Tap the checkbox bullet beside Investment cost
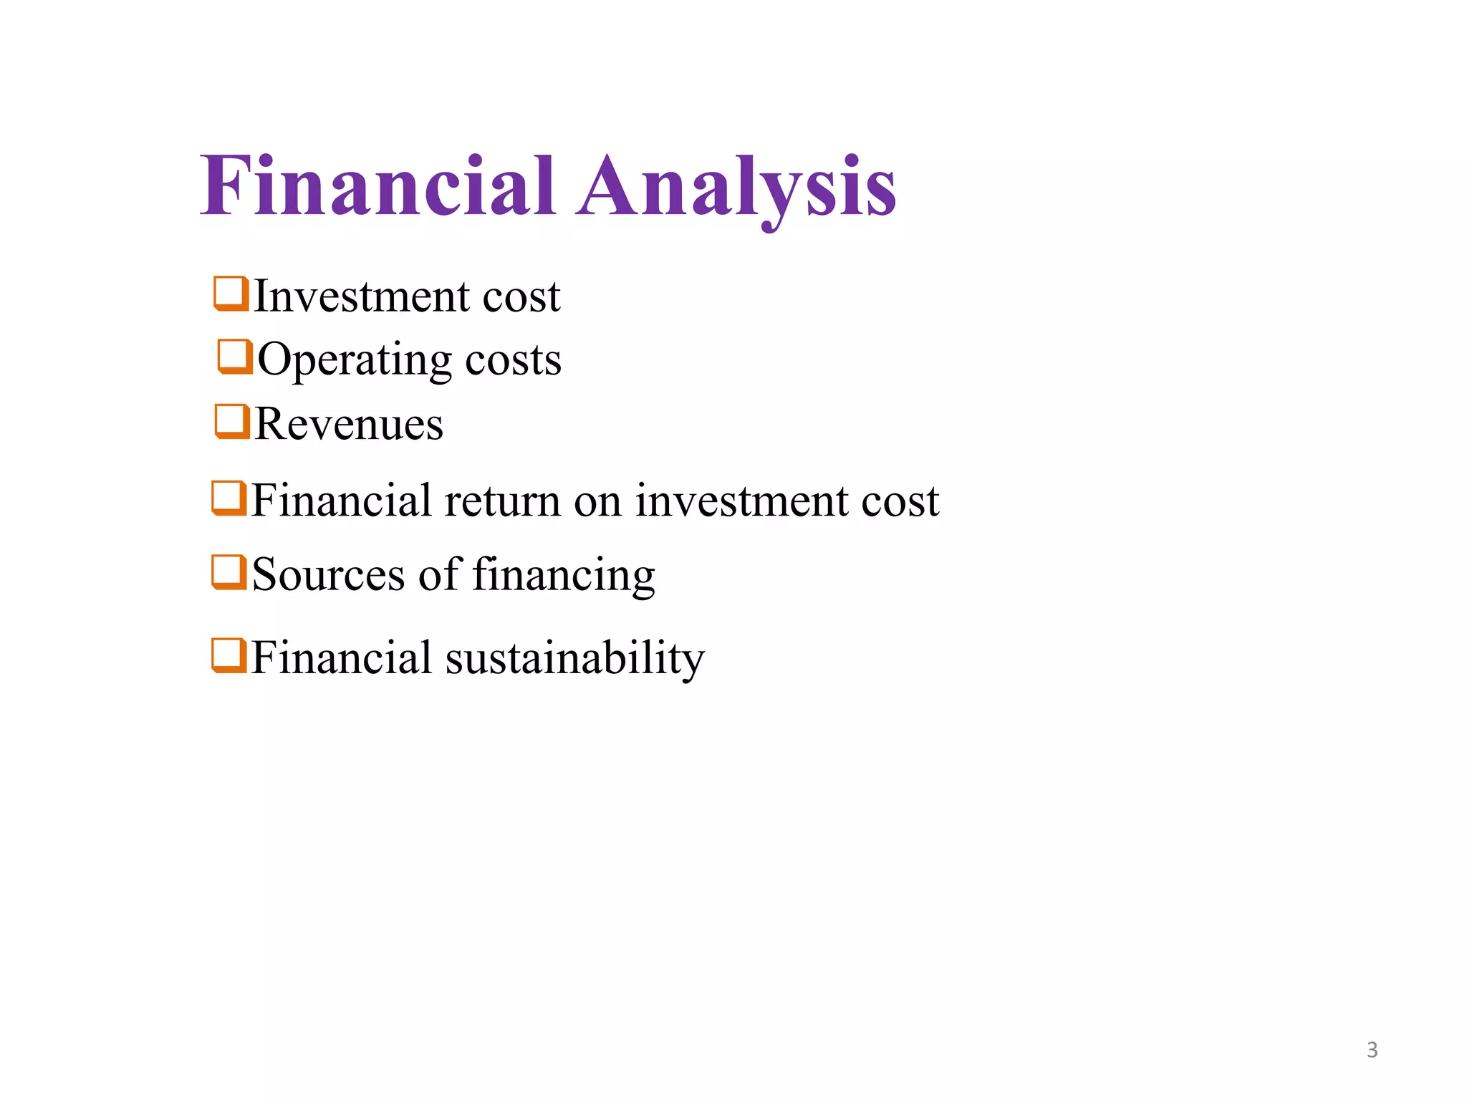point(231,294)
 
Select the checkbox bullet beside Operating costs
point(235,357)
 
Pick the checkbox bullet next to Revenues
point(232,421)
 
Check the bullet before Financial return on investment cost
point(229,498)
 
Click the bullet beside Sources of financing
point(229,572)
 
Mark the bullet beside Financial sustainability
point(229,656)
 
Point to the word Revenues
point(349,424)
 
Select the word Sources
point(328,574)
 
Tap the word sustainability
point(574,657)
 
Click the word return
point(502,501)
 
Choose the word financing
point(564,576)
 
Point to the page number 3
point(1372,1050)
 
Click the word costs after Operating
point(513,360)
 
